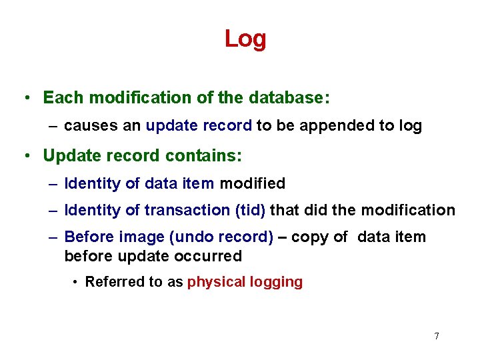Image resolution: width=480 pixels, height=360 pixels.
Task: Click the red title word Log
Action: click(245, 39)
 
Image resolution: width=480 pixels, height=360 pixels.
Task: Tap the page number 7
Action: click(437, 336)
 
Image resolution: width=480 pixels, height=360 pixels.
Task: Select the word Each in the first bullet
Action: click(63, 97)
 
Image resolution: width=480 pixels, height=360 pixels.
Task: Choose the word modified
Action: click(252, 183)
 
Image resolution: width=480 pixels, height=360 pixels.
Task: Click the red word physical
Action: click(216, 282)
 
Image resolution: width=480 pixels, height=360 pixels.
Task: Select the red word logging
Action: click(276, 282)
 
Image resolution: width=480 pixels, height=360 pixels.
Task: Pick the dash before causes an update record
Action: click(53, 126)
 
